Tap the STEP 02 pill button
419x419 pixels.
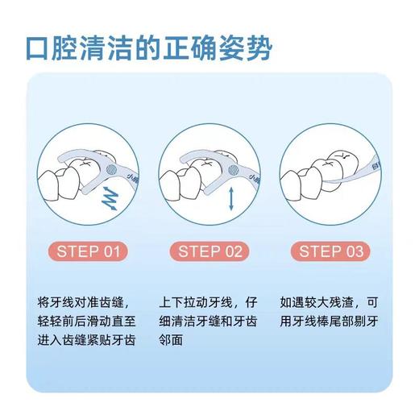click(209, 251)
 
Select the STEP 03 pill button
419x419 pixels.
click(331, 251)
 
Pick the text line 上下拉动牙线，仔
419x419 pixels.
click(210, 303)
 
